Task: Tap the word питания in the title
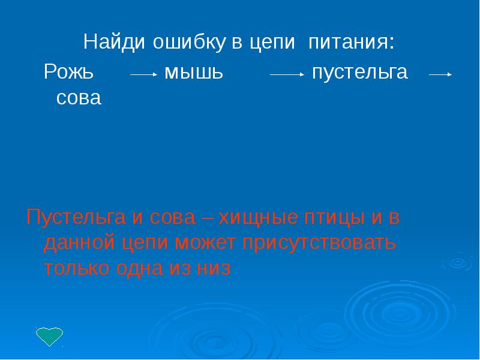click(x=352, y=43)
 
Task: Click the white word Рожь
click(x=68, y=73)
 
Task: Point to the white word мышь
click(x=194, y=73)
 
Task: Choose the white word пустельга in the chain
click(x=359, y=73)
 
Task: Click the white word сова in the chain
click(x=79, y=98)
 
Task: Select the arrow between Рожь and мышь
click(x=143, y=75)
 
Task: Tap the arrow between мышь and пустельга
click(x=287, y=75)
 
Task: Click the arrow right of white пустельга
click(x=440, y=75)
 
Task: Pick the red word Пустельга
click(x=75, y=218)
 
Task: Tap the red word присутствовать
click(x=319, y=244)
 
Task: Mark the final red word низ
click(x=213, y=269)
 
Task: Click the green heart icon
click(x=49, y=337)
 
